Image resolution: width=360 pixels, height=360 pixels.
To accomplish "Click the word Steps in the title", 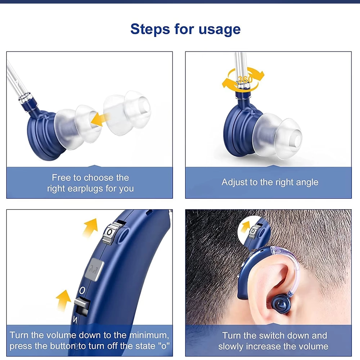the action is click(150, 29).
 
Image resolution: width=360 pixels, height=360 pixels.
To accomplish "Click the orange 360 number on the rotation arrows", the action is click(245, 80).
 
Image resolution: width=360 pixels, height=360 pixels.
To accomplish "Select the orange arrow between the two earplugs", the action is click(100, 119).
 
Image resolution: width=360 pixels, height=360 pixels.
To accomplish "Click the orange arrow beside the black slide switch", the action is click(63, 300).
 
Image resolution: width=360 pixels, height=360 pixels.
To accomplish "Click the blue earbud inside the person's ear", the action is click(281, 304).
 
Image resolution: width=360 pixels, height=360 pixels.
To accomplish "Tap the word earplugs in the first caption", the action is click(85, 189).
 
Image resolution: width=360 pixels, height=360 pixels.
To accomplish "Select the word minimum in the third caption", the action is click(149, 335).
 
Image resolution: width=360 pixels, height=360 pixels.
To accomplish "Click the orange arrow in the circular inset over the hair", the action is click(245, 226).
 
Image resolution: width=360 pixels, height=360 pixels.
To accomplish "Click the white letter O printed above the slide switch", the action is click(82, 291).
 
